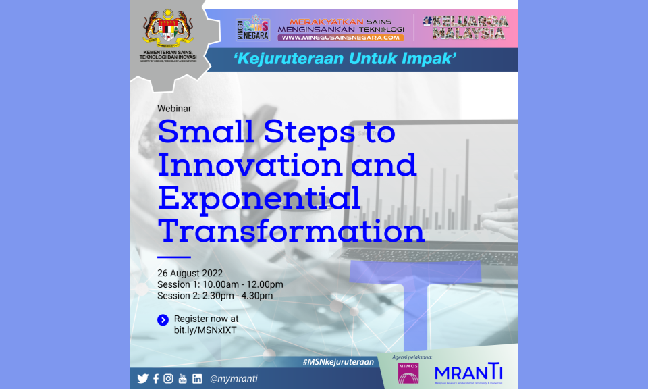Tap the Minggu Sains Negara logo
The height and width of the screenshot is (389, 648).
(252, 28)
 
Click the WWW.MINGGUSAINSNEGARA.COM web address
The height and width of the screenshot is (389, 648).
(341, 38)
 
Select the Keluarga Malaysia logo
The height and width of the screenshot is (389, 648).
(465, 27)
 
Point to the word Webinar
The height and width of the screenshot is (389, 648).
(174, 108)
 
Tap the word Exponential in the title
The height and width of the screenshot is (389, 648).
(259, 199)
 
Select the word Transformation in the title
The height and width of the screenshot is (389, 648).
(291, 231)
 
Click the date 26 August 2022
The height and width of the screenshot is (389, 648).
(190, 273)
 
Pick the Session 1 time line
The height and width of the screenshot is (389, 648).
(220, 284)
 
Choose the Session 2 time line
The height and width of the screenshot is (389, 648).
(215, 296)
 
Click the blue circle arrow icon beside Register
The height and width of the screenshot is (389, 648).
(163, 320)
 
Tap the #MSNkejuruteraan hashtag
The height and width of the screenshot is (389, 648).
(338, 362)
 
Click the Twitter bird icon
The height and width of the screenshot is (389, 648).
(142, 379)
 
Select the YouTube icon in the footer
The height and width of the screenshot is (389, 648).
(182, 379)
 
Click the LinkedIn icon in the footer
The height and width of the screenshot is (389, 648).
(196, 379)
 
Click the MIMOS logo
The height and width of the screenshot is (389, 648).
(408, 373)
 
